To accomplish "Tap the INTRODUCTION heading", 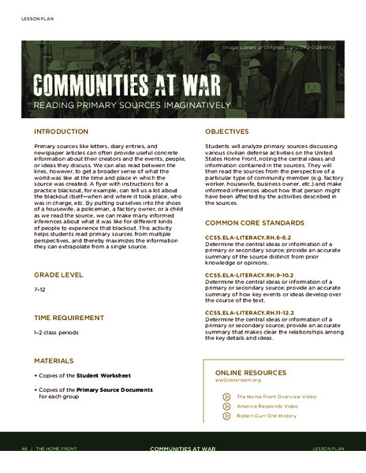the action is (x=61, y=131).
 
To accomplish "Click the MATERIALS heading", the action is (x=54, y=360).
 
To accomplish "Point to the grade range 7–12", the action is (x=39, y=291).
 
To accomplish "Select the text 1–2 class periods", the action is (x=56, y=333).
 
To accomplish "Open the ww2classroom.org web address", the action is (x=237, y=379).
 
